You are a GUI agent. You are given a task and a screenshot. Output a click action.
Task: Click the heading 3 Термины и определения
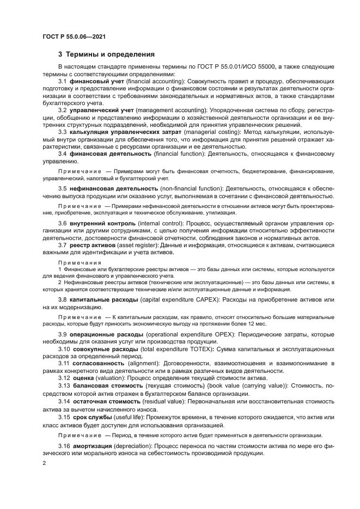point(106,54)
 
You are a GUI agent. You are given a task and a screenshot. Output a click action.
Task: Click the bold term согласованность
point(99,363)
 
